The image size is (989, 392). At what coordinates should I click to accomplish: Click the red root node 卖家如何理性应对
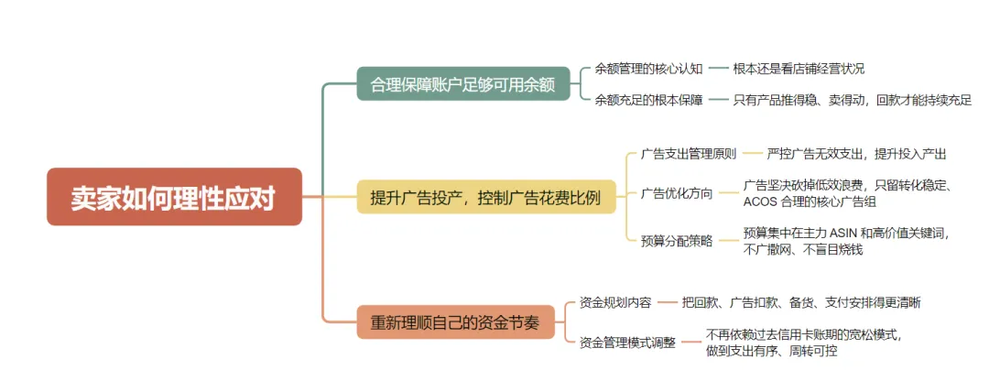point(174,197)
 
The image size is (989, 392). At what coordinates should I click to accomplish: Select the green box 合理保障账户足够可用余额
point(463,84)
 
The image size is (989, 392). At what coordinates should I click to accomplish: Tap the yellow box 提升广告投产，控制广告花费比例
point(485,197)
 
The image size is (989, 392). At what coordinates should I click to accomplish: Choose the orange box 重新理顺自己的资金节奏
point(455,321)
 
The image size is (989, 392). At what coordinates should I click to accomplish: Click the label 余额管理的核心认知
point(649,69)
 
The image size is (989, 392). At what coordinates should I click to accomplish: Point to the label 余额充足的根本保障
point(649,100)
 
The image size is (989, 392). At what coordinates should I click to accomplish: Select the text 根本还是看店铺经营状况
point(799,69)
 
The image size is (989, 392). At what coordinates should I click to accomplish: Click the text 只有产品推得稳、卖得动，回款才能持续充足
point(853,100)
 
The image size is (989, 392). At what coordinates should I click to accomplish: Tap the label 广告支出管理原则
point(688,153)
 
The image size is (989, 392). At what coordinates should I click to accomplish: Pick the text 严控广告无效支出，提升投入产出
point(856,153)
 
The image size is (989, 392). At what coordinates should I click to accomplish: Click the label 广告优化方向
point(676,193)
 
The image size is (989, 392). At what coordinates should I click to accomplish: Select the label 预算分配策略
point(676,241)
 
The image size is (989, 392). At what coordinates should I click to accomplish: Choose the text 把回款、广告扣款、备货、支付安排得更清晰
point(801,302)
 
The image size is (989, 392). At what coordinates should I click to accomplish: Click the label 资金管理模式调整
point(627,343)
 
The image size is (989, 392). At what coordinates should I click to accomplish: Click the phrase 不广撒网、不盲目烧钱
point(803,249)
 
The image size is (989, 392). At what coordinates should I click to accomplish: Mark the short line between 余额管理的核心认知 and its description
point(718,69)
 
